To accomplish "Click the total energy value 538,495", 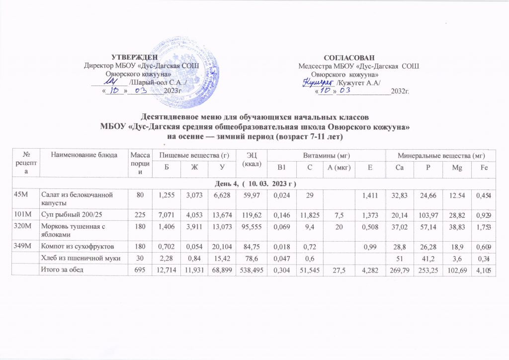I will [249, 270].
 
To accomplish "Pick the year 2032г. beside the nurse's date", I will [399, 91].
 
